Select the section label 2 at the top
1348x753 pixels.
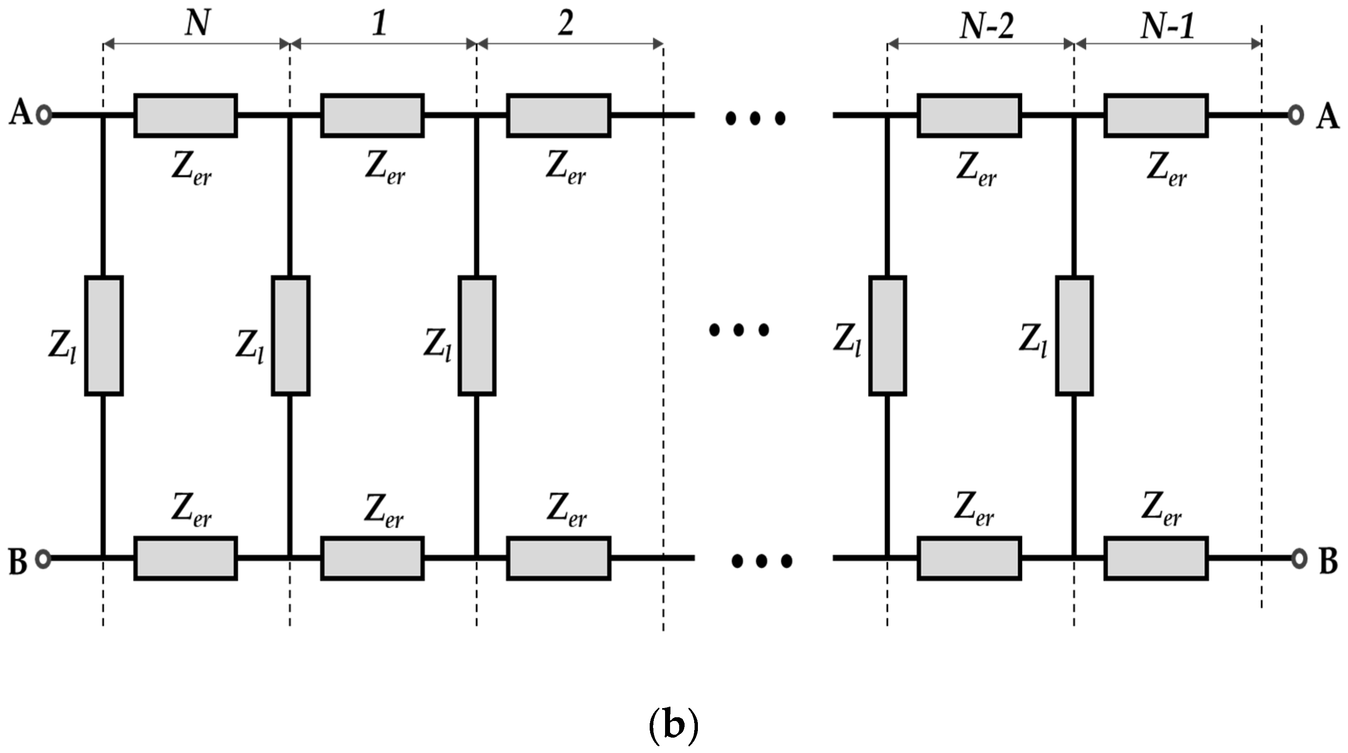point(565,24)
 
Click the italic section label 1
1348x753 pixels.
point(380,24)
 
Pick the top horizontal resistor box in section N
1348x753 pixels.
point(186,116)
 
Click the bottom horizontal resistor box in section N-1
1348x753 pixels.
point(1156,558)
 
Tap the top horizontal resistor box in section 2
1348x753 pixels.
point(558,116)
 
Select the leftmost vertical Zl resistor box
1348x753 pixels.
point(104,336)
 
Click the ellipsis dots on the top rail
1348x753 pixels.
point(754,118)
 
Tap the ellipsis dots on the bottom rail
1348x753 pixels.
point(761,561)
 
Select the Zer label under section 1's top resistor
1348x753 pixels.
point(384,168)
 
